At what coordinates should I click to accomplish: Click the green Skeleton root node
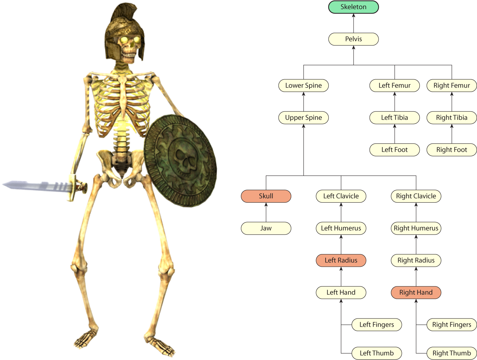coord(353,7)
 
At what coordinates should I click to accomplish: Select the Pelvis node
coord(353,39)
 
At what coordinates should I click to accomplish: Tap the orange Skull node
coord(266,196)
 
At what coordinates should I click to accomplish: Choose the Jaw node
coord(266,228)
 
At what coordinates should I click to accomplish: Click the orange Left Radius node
coord(341,260)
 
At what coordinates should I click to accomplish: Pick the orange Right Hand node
coord(416,292)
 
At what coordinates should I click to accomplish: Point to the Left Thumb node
coord(377,353)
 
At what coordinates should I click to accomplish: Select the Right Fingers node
coord(452,324)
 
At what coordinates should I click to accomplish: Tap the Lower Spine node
coord(303,86)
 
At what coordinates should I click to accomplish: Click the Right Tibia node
coord(452,118)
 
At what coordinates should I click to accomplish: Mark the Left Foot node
coord(394,150)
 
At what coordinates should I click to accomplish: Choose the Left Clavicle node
coord(341,196)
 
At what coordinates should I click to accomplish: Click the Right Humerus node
coord(416,228)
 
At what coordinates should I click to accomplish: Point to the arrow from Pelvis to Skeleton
coord(354,23)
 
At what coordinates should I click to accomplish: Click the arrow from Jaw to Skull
coord(266,212)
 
